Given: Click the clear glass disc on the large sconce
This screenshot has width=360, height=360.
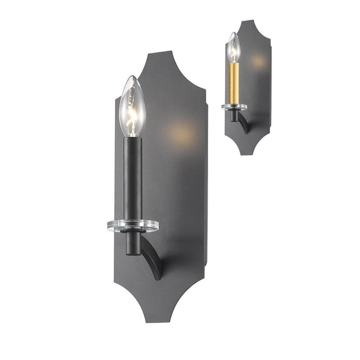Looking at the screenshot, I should (x=133, y=225).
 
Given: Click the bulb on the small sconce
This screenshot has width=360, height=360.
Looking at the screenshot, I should (x=234, y=48).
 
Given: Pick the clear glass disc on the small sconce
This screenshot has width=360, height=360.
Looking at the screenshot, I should (x=234, y=107).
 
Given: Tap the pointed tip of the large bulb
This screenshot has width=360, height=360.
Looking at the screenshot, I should (x=130, y=77).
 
